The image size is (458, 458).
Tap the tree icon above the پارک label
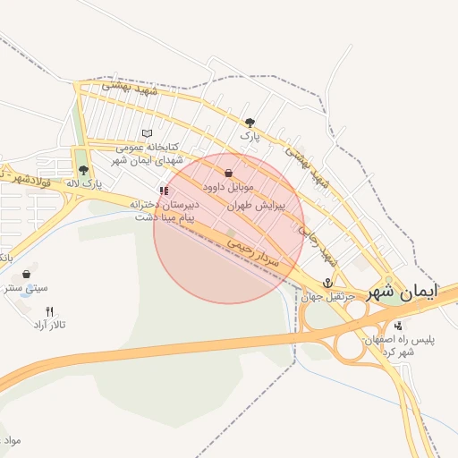tap(250, 123)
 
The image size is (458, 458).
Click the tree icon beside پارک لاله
tap(83, 170)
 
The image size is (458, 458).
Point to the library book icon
tap(147, 133)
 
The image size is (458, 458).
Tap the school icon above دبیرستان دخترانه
tap(163, 190)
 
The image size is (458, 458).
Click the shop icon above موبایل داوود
tap(229, 173)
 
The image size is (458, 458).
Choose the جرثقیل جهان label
tap(328, 296)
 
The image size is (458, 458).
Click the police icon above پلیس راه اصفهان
tap(397, 325)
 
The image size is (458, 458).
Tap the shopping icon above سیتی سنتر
tap(26, 274)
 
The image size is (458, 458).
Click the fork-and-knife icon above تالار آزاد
tap(49, 311)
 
